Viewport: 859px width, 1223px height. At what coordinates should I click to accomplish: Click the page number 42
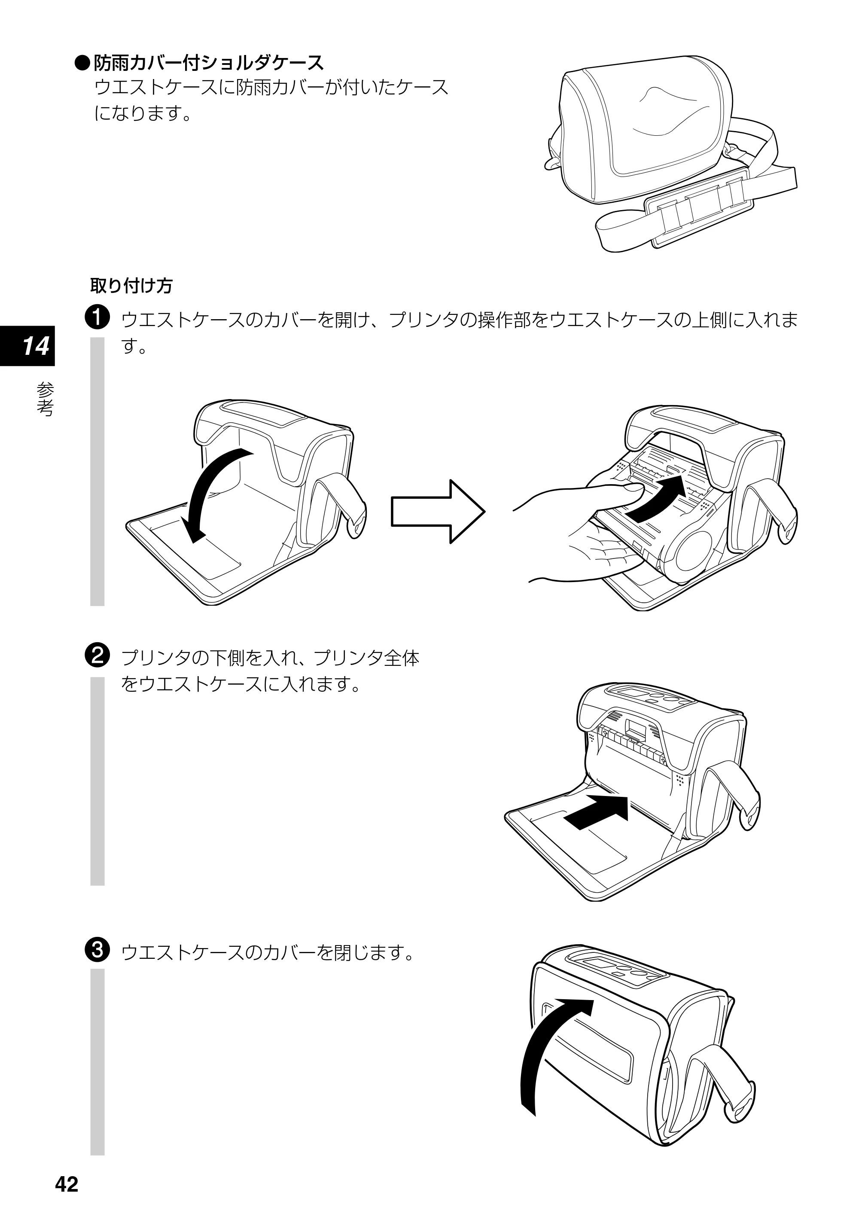pyautogui.click(x=67, y=1184)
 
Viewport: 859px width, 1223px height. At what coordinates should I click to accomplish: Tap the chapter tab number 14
pyautogui.click(x=35, y=346)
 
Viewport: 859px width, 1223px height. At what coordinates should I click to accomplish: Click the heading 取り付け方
pyautogui.click(x=131, y=286)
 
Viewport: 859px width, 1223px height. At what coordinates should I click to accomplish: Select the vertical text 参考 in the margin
pyautogui.click(x=45, y=399)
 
